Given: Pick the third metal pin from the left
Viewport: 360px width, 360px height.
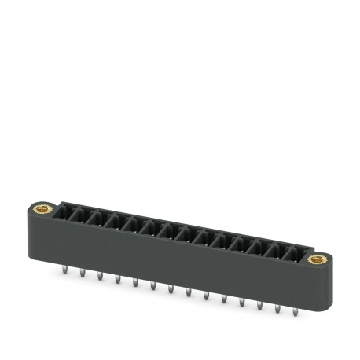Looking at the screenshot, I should click(100, 276).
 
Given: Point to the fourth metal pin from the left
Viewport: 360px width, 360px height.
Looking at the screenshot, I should click(117, 280).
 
